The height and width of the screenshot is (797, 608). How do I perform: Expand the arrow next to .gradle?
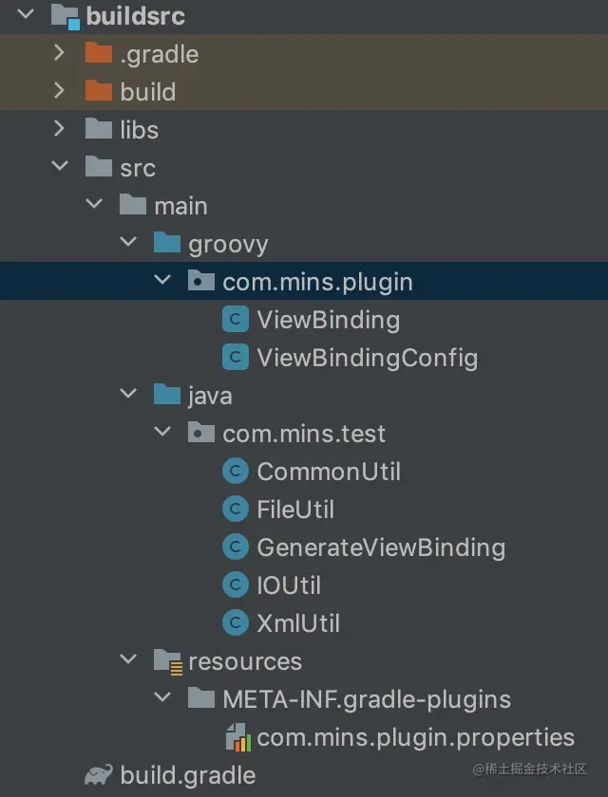[60, 53]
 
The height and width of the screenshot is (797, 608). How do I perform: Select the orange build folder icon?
[98, 91]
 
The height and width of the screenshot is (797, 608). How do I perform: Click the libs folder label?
[139, 130]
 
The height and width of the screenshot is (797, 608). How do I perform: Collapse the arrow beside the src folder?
[60, 167]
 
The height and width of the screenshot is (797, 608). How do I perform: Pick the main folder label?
[180, 206]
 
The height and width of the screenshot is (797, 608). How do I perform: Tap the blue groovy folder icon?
[166, 244]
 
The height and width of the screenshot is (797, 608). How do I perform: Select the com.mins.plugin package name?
[317, 282]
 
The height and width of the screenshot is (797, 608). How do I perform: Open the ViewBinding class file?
[328, 320]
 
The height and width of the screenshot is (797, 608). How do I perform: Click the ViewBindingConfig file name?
[367, 358]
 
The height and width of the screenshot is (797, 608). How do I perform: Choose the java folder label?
[210, 396]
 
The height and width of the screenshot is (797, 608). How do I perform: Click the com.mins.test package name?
[304, 434]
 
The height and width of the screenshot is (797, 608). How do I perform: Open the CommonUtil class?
[329, 472]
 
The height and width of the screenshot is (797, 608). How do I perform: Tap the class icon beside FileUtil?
[235, 510]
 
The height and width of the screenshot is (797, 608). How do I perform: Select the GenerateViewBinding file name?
[381, 547]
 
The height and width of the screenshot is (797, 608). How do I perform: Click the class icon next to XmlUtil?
[235, 623]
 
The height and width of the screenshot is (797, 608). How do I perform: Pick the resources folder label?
[245, 661]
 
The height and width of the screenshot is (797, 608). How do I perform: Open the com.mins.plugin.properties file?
[415, 737]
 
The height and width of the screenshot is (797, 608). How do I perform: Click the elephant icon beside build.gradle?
[98, 775]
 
